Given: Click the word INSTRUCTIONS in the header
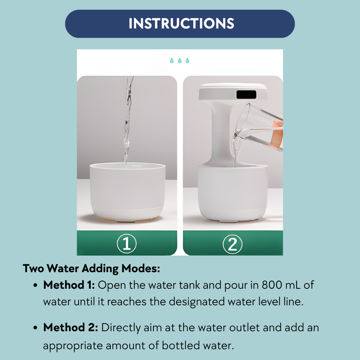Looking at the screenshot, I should tap(181, 24).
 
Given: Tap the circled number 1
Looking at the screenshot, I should tap(127, 244).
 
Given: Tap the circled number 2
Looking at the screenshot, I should tap(233, 244).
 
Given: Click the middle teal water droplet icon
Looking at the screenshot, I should tap(179, 60).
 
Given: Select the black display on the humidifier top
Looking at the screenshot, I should tap(246, 95).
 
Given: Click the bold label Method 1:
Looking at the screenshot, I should tap(69, 285).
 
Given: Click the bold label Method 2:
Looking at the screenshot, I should tap(70, 328).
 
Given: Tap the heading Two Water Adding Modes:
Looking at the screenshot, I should tap(91, 269).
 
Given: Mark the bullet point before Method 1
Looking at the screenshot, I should tap(36, 285).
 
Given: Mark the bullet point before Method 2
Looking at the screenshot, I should tap(36, 328).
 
